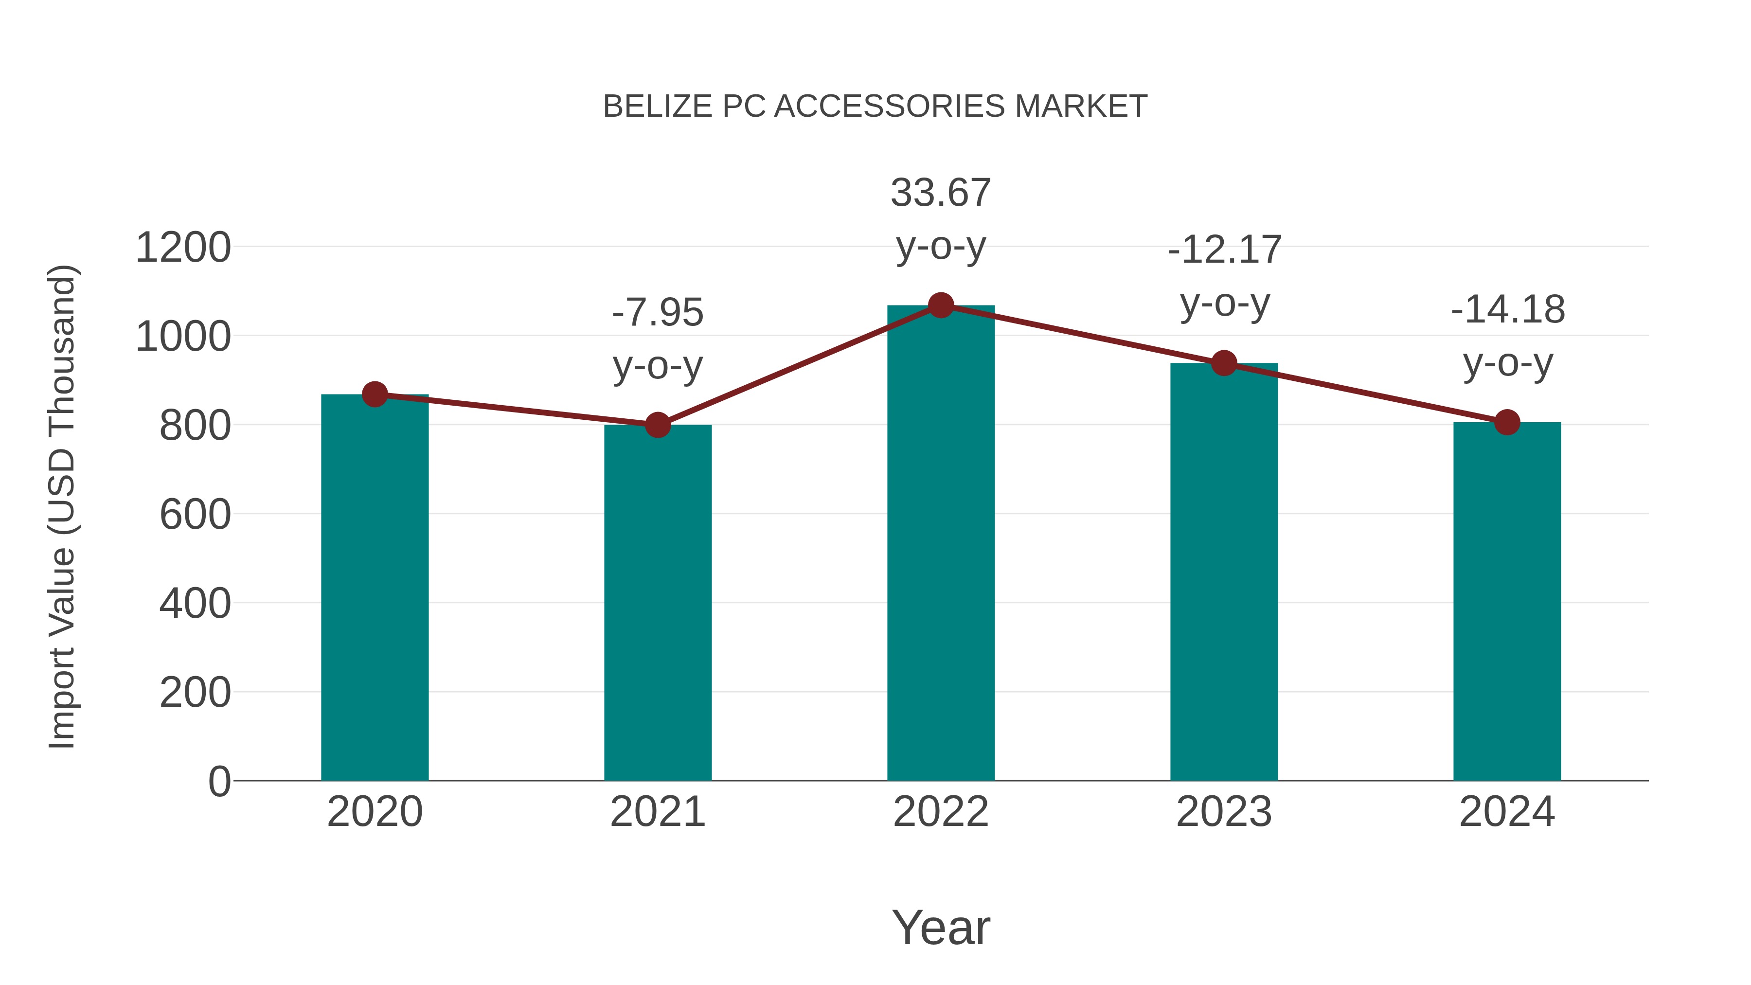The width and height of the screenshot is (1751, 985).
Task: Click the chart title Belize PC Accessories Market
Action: click(x=875, y=107)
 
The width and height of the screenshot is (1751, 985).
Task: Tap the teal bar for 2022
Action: click(x=941, y=544)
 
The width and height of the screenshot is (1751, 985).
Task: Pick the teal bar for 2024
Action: click(x=1507, y=602)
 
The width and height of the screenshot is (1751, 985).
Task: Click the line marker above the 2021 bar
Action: click(x=657, y=425)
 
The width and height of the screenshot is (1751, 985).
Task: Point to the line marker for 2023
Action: click(x=1224, y=364)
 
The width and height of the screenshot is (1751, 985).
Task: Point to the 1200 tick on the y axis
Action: click(x=183, y=248)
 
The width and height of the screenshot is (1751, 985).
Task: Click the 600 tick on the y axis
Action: click(x=195, y=515)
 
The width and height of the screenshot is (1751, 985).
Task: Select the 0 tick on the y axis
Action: click(x=219, y=781)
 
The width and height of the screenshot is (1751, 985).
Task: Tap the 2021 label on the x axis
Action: click(x=657, y=812)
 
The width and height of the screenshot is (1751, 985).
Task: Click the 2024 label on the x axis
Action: click(x=1507, y=812)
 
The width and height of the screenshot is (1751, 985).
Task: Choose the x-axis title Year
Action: click(x=941, y=927)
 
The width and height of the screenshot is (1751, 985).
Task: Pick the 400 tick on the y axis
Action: click(x=195, y=604)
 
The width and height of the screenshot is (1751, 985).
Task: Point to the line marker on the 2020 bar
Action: click(x=375, y=394)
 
